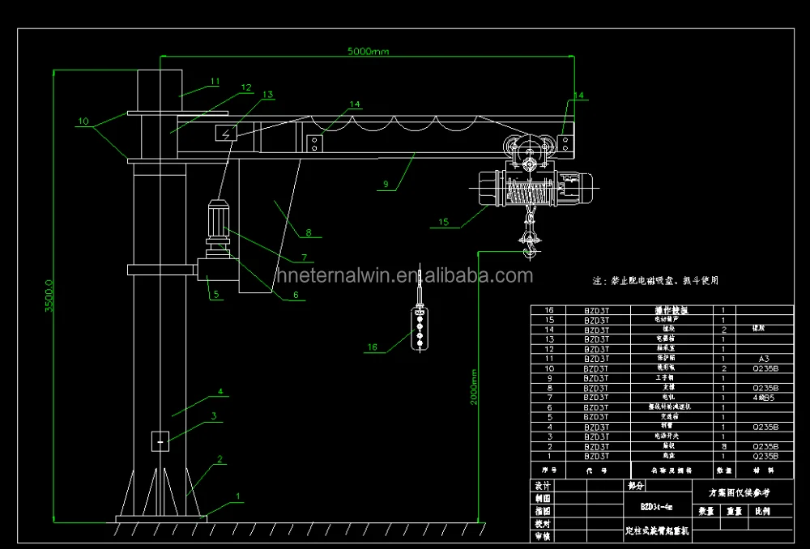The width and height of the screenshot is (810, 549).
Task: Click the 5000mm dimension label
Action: [369, 52]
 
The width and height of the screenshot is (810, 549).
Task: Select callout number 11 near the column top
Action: [215, 81]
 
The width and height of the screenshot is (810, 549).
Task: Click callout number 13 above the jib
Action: [269, 94]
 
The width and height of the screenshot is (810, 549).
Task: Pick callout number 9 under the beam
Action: [386, 185]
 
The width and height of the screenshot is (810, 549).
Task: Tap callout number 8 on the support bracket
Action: [308, 233]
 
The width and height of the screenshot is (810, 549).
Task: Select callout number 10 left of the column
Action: [83, 121]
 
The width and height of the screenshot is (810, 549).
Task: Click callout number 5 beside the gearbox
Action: [216, 296]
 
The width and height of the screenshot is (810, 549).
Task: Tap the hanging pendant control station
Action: [419, 326]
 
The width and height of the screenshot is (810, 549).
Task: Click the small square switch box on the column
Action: [160, 441]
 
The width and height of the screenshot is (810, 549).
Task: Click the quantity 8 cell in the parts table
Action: [723, 446]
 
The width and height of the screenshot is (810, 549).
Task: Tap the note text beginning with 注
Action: [656, 280]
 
